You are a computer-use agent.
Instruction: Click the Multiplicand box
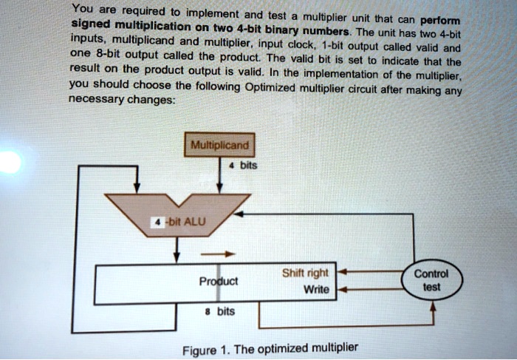221,145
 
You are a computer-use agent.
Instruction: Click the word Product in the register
219,282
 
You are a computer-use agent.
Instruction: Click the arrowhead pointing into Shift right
341,272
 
